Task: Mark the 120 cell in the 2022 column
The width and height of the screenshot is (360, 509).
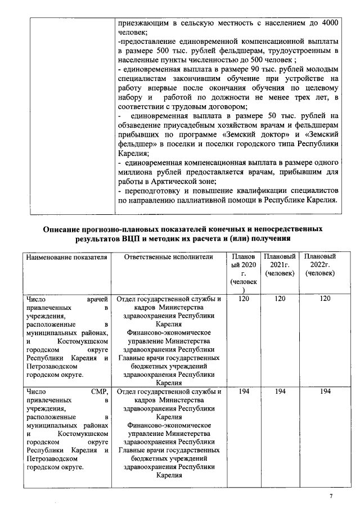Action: pos(325,299)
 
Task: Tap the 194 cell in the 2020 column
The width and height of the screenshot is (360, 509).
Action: pos(243,392)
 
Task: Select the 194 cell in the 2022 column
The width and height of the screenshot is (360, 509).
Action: pos(325,392)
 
